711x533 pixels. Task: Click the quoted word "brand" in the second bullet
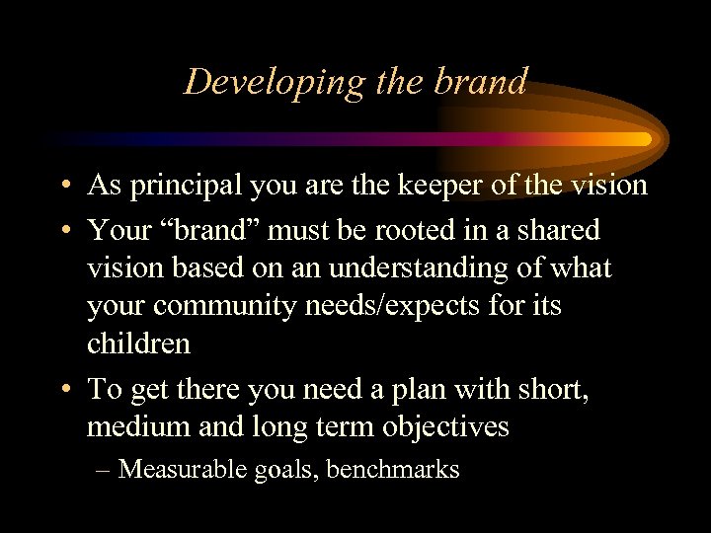pos(218,230)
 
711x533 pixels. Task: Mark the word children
pos(138,344)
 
